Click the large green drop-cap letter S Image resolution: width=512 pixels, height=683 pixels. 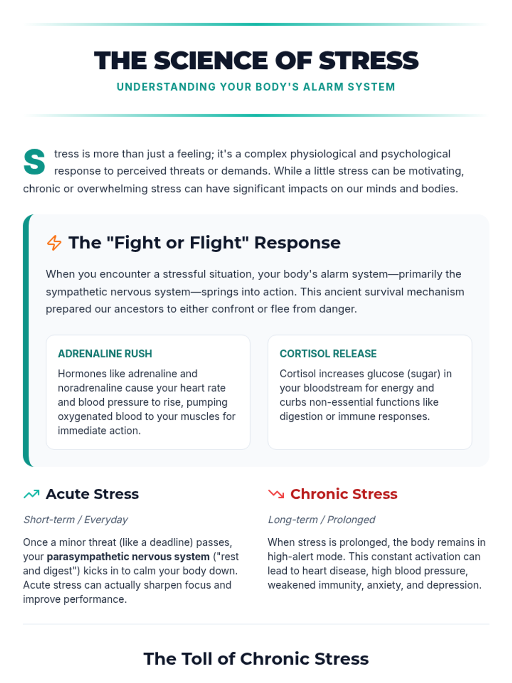[35, 162]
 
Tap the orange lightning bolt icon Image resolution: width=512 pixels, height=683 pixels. [54, 242]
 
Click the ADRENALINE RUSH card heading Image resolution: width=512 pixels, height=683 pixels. [105, 353]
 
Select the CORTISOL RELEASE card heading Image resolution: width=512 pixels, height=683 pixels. [328, 353]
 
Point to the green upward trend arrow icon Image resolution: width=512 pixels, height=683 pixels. [32, 494]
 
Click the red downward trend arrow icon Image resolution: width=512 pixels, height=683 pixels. [276, 494]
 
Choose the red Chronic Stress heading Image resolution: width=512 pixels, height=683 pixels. [343, 494]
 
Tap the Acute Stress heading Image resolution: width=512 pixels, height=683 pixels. [92, 494]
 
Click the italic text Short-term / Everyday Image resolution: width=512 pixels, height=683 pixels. [76, 520]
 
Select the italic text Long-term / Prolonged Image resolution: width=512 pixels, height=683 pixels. [321, 520]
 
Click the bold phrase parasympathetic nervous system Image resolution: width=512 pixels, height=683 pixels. [128, 557]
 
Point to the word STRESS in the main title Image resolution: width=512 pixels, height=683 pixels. [369, 60]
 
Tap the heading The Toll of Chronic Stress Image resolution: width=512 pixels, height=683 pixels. [256, 659]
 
